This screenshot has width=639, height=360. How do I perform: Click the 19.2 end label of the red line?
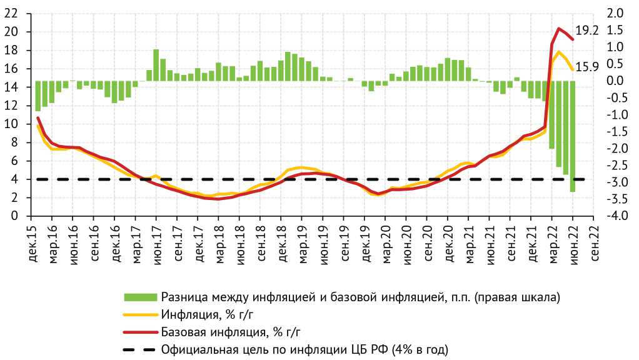[x=587, y=30]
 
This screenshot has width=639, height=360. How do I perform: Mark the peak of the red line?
[x=559, y=28]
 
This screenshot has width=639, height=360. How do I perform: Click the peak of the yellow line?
[x=559, y=52]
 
